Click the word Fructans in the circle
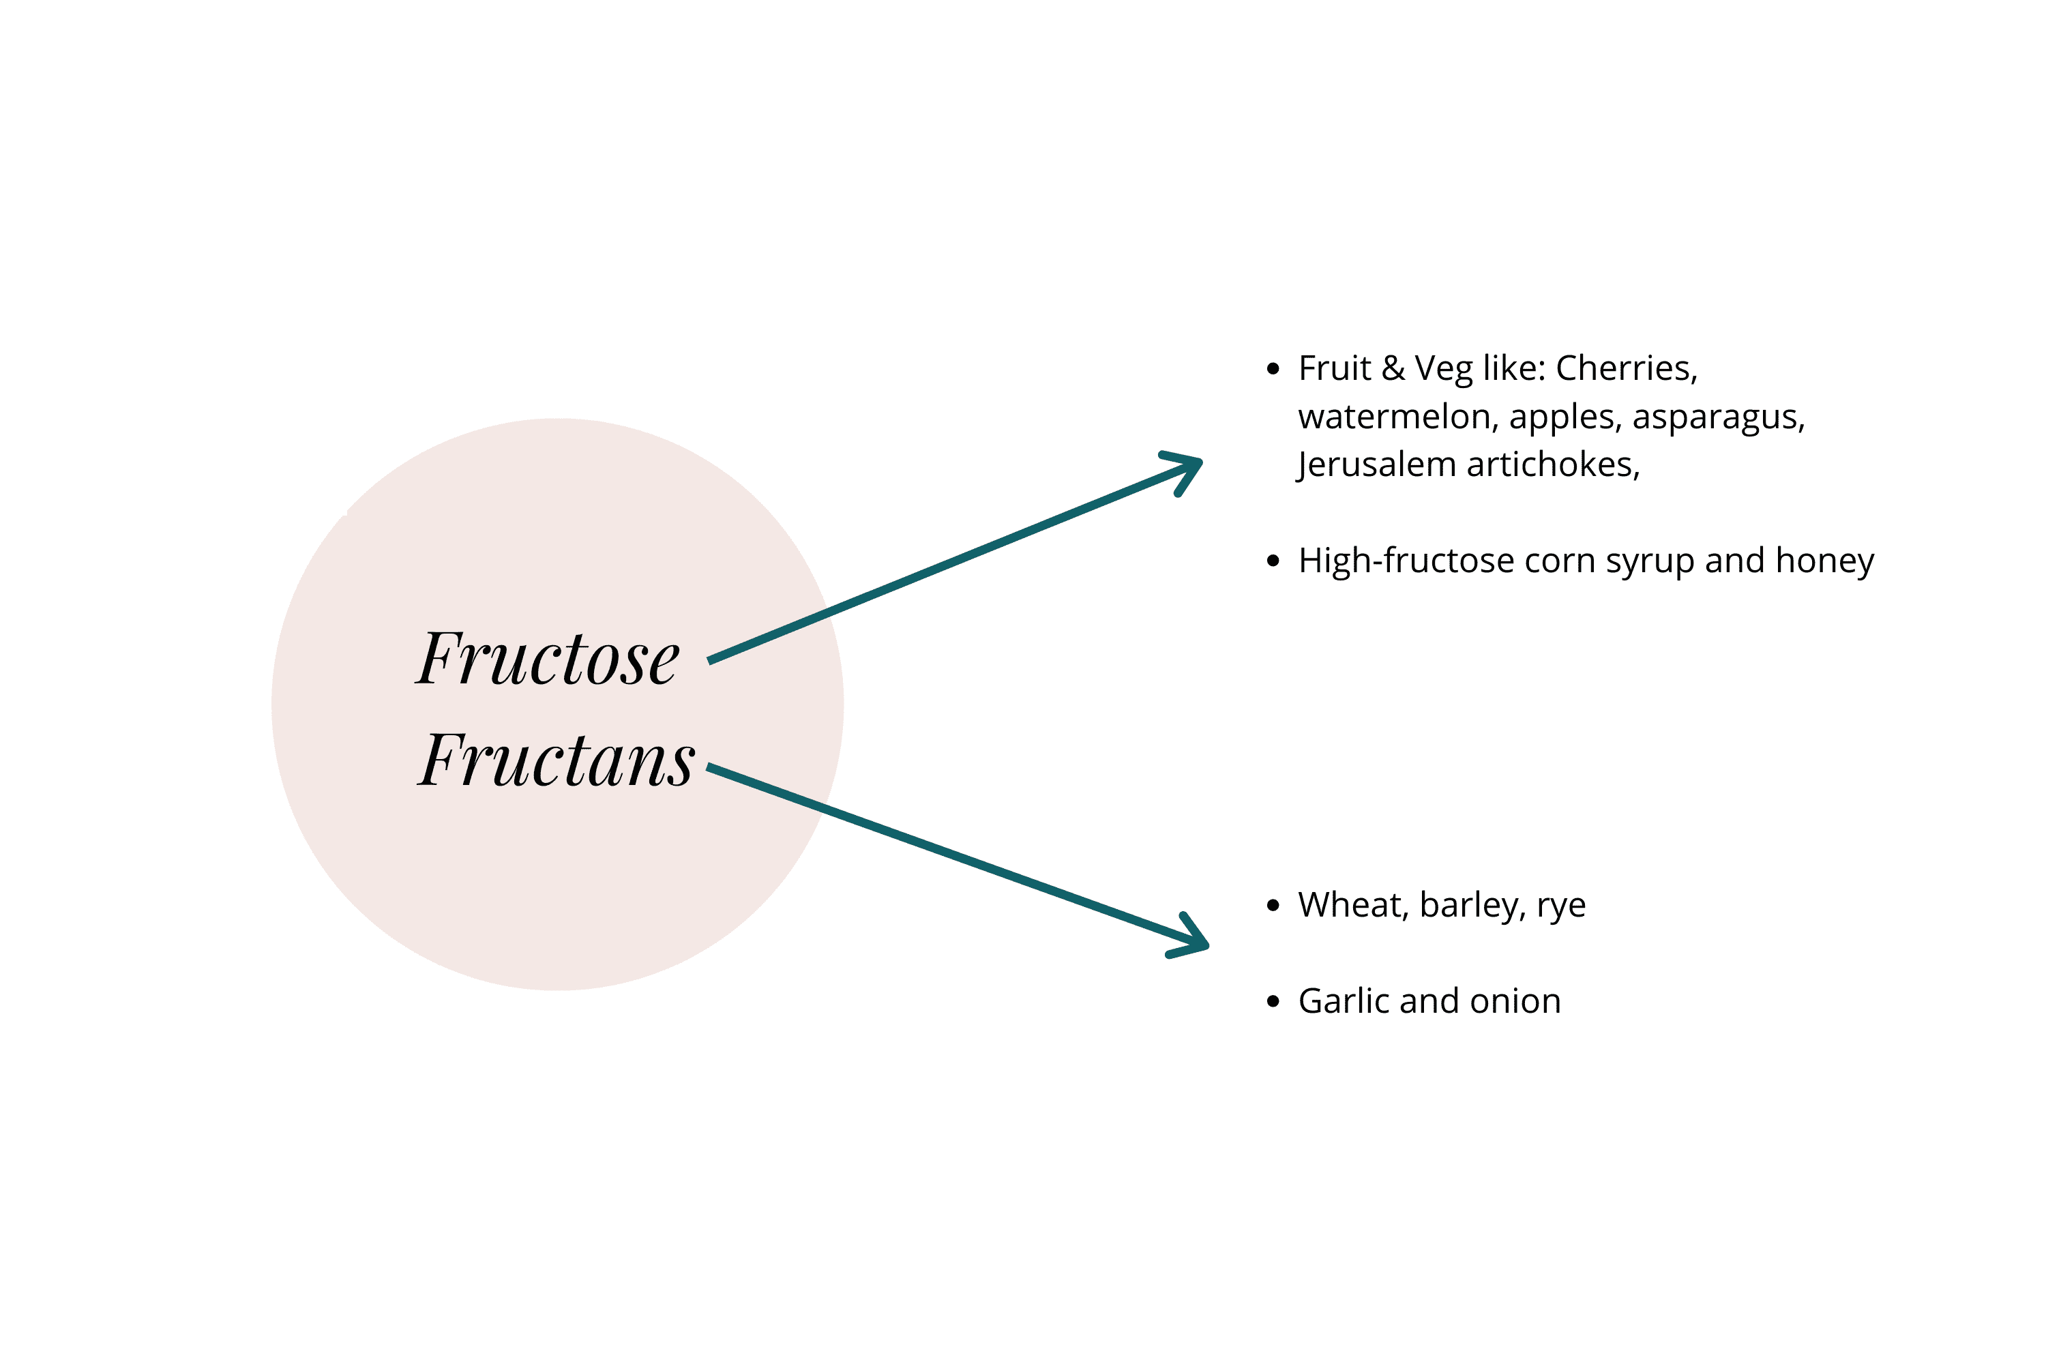pos(556,760)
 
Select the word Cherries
pos(1625,369)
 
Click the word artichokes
pos(1552,465)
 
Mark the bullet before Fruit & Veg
pos(1273,369)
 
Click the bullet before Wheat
pos(1273,906)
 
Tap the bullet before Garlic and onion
pos(1273,1002)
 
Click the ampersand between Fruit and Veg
pos(1393,369)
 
